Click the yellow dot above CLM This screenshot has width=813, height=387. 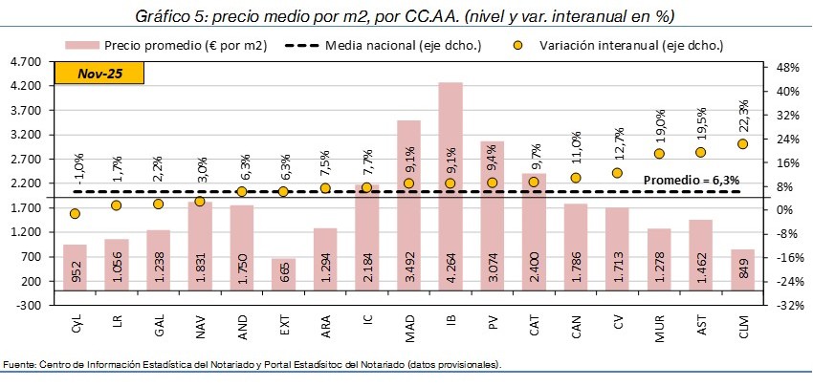point(742,143)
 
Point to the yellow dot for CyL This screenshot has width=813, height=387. point(75,214)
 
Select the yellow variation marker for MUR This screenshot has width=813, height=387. point(659,153)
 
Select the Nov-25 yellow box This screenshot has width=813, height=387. point(98,73)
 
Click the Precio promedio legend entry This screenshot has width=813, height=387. point(172,45)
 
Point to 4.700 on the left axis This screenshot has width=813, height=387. point(21,62)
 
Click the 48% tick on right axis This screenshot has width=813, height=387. point(787,68)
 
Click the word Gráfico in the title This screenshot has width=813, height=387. point(165,16)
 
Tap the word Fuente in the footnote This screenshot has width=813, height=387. point(19,365)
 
